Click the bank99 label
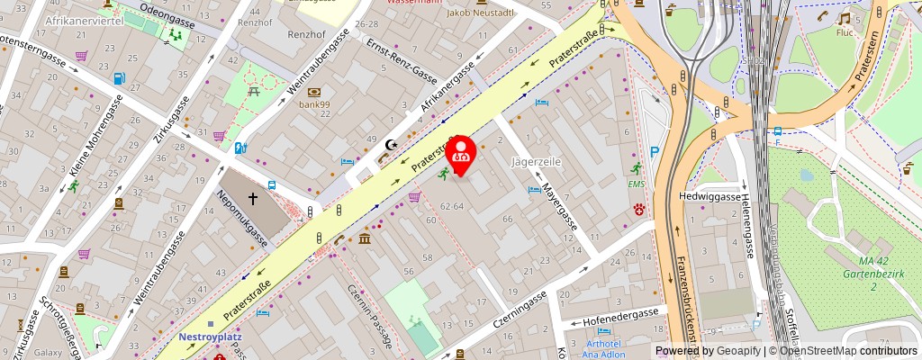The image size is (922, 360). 316,103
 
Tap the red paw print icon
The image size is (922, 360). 640,210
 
